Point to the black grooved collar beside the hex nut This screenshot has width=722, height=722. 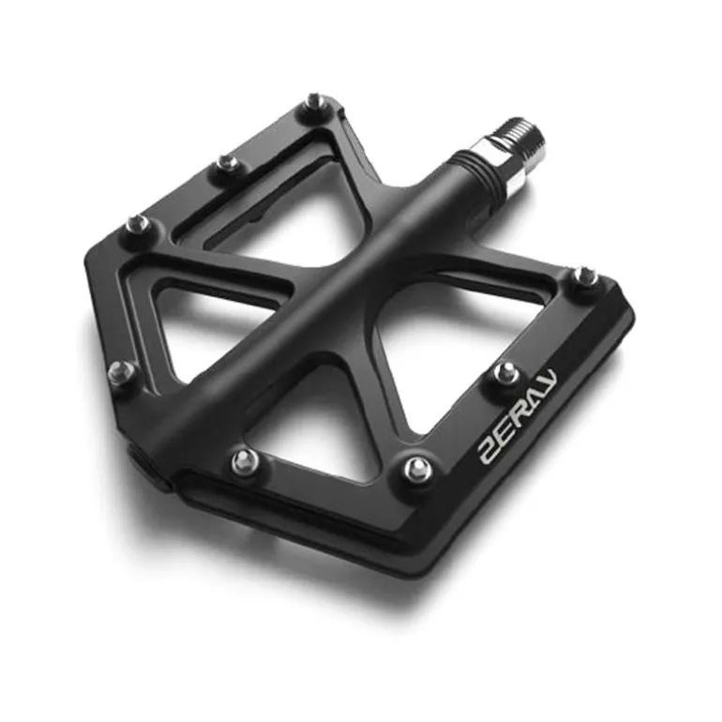474,172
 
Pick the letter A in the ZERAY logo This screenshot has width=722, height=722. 534,399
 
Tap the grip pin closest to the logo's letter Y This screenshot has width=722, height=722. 508,371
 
